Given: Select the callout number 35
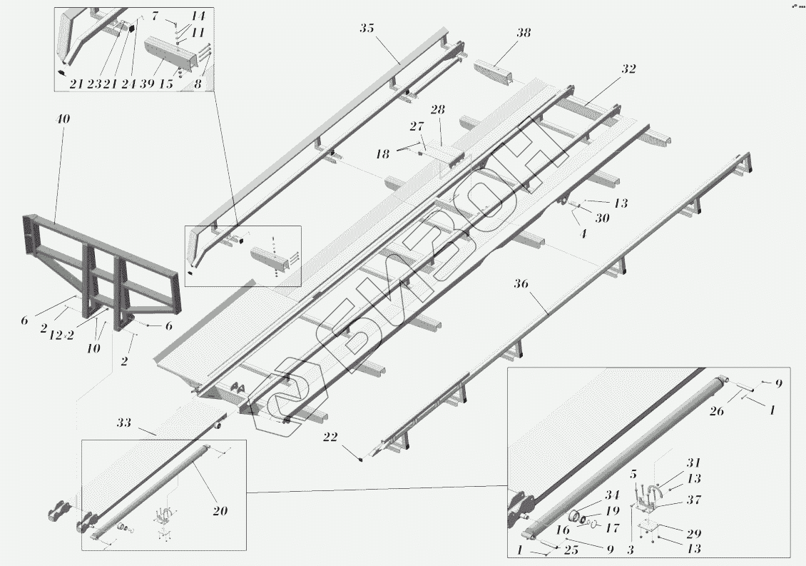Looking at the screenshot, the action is tap(367, 29).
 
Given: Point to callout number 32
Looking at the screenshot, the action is tap(628, 69).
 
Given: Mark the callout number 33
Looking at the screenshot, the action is tap(124, 423).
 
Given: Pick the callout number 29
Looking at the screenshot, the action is tap(692, 533).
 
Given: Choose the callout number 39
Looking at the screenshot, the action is tap(148, 84).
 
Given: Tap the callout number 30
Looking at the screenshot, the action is tap(603, 219).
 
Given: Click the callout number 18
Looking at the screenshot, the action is tap(382, 153).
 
